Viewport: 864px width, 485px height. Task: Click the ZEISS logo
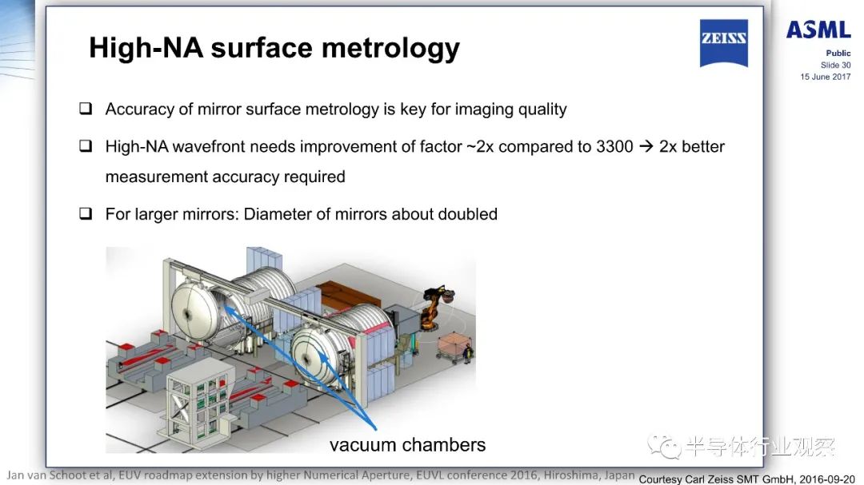[723, 43]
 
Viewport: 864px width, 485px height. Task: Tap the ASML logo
[818, 30]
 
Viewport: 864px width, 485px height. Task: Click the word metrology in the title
[390, 49]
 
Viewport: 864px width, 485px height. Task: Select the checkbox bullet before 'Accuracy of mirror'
[86, 108]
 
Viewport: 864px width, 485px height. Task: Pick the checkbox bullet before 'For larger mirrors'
[86, 213]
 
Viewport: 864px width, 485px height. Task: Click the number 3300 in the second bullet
[614, 146]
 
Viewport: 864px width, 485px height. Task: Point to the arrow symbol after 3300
[646, 146]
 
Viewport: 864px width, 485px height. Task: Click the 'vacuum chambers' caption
[408, 445]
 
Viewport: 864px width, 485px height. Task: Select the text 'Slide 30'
[835, 65]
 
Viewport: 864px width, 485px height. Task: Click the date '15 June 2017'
[826, 77]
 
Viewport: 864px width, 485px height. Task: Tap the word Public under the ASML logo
[838, 54]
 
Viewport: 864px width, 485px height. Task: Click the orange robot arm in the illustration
[437, 307]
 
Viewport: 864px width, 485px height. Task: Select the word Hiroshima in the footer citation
[570, 475]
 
